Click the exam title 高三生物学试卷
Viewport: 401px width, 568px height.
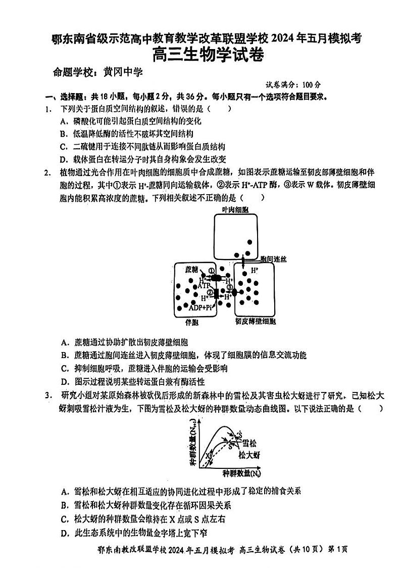(208, 55)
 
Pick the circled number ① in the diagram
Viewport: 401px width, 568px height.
(211, 271)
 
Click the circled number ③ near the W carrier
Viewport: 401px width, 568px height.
(230, 289)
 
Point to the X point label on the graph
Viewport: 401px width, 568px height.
(207, 456)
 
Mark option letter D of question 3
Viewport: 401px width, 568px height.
(64, 533)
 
